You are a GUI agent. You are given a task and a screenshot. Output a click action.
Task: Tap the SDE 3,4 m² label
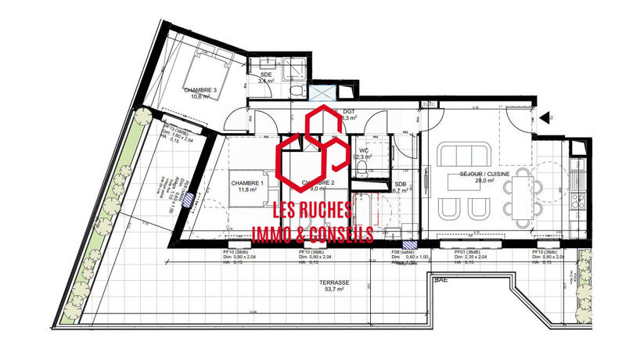(266, 78)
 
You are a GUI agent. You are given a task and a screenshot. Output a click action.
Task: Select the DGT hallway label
(349, 115)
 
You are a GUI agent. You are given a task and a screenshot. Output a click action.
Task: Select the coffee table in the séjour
(462, 181)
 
